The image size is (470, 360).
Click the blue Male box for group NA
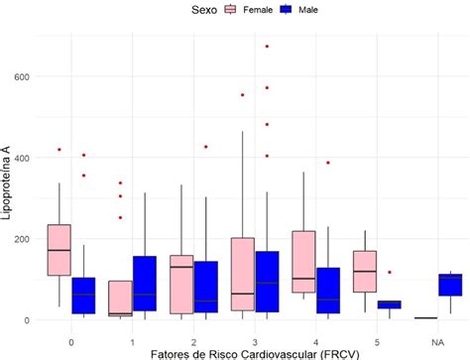(451, 286)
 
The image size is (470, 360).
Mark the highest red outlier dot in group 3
(267, 47)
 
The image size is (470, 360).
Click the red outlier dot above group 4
(327, 163)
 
